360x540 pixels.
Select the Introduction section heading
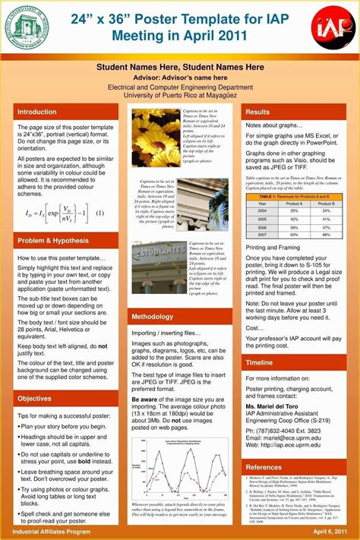tap(37, 112)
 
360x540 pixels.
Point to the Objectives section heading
tap(35, 398)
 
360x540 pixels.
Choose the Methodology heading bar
tap(153, 317)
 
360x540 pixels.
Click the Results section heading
tap(257, 112)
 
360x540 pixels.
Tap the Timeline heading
tap(260, 363)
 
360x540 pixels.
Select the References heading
tap(264, 467)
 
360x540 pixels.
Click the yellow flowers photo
tap(154, 137)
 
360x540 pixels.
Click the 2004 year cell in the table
tap(262, 211)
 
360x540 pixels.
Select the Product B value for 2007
tap(327, 234)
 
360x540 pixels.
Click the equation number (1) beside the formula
tap(100, 213)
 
